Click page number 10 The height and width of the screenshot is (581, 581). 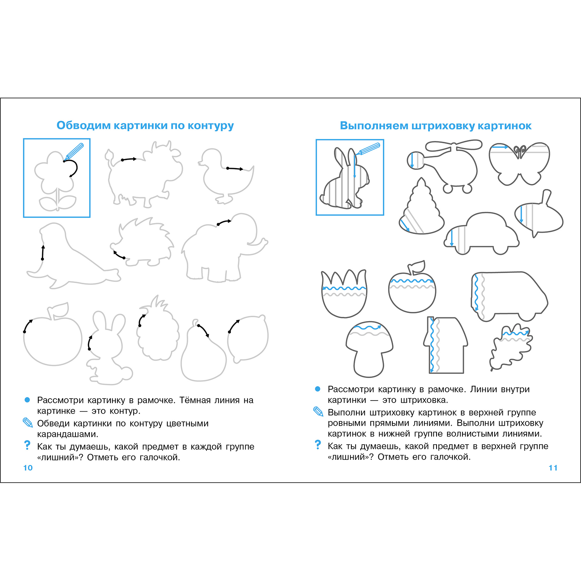[x=28, y=468]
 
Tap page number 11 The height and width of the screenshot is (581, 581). [x=553, y=468]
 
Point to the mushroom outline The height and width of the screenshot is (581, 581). [x=369, y=349]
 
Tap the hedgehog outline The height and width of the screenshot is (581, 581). [x=141, y=242]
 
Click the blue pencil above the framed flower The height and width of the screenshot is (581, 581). [x=74, y=151]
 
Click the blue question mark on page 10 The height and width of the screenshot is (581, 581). [x=27, y=445]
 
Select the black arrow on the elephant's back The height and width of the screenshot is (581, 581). [x=224, y=222]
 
